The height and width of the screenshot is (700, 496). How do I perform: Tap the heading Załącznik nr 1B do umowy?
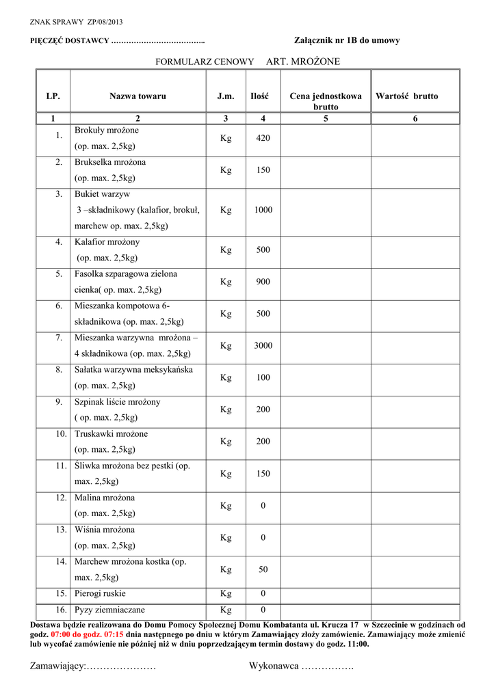[347, 41]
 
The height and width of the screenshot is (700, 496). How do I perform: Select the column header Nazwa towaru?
[138, 96]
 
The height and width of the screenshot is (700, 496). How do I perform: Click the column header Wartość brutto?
[406, 96]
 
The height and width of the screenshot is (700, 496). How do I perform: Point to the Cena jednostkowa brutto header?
[326, 101]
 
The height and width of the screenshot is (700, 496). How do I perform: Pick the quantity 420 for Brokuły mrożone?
[263, 138]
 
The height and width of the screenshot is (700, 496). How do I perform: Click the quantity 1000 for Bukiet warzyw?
[263, 210]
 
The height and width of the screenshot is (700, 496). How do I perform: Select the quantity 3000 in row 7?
[263, 346]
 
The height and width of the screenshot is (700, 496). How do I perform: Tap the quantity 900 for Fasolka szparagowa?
[263, 282]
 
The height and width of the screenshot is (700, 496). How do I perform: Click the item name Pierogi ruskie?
[100, 593]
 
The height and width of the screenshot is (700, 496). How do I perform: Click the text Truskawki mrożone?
[111, 434]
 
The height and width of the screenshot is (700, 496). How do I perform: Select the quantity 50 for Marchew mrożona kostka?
[263, 569]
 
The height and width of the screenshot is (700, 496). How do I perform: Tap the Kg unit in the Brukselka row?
[226, 170]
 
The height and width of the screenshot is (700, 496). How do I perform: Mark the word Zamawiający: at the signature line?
[57, 666]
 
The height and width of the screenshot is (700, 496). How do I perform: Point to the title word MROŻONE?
[316, 62]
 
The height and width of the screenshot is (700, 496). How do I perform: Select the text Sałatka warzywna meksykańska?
[133, 370]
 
